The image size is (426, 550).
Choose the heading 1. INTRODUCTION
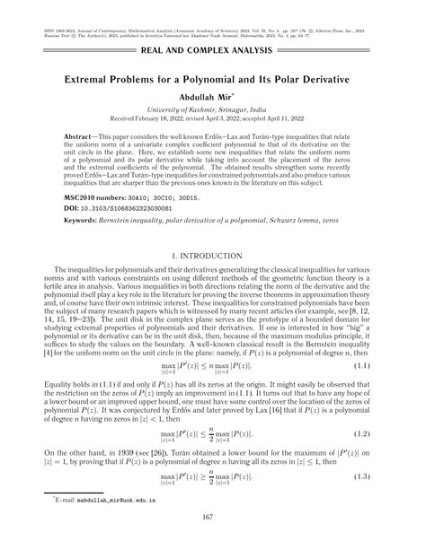(x=212, y=258)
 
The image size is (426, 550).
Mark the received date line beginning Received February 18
(x=212, y=116)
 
